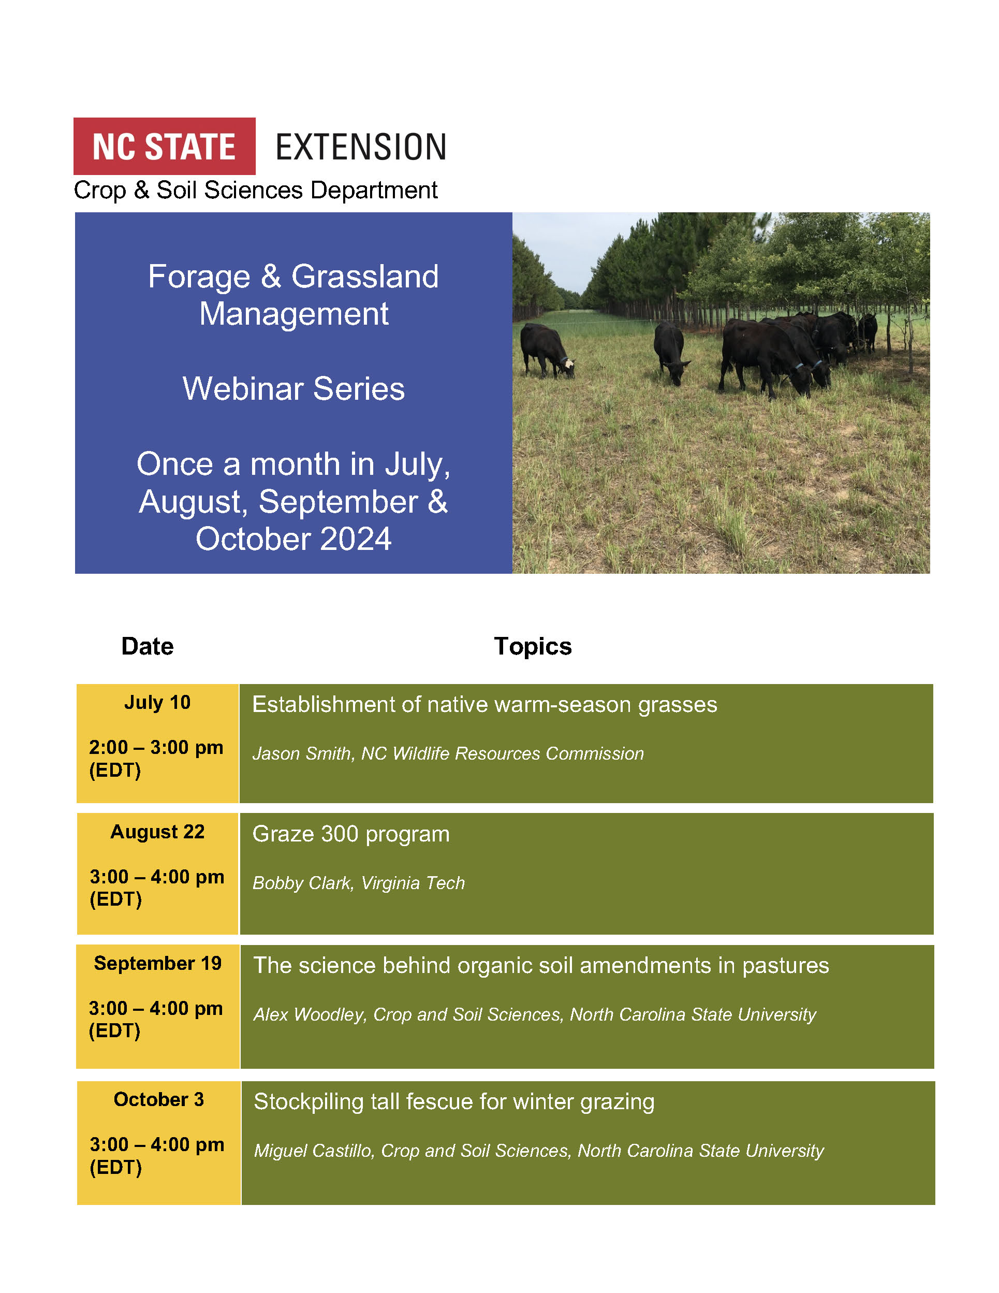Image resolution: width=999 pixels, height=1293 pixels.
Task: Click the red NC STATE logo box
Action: [165, 146]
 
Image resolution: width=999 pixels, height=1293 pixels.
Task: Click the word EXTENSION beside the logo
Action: [361, 148]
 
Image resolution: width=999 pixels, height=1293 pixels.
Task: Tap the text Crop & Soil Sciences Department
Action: [256, 191]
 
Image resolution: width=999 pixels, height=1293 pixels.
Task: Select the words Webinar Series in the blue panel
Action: [293, 389]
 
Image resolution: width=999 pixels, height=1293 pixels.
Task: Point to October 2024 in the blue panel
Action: [293, 539]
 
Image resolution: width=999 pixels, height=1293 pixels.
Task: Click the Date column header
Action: [148, 646]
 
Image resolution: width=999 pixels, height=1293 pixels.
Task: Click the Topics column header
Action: [533, 646]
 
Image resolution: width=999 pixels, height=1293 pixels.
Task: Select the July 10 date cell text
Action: [157, 702]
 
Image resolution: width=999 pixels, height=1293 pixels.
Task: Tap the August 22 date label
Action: [157, 832]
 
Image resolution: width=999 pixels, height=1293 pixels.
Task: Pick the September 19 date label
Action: [157, 963]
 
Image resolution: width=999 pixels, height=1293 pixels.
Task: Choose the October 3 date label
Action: [158, 1099]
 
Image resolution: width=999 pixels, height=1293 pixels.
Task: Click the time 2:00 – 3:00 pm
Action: [156, 748]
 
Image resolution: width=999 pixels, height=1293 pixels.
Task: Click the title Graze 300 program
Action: [351, 834]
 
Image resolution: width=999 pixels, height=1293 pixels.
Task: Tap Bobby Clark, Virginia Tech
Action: [359, 883]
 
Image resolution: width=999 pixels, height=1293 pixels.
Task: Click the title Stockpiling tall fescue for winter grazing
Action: [454, 1102]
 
